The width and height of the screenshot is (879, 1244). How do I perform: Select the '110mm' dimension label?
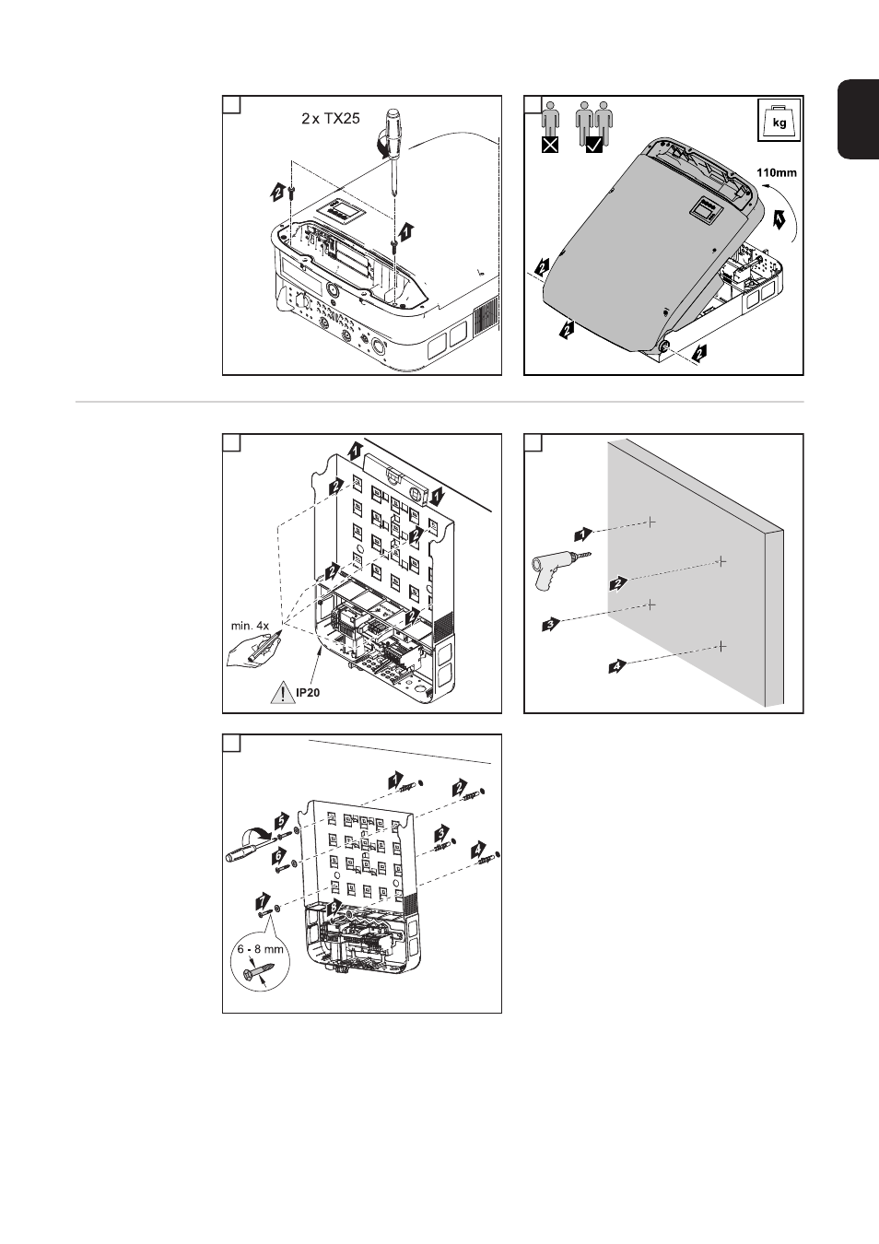[x=776, y=171]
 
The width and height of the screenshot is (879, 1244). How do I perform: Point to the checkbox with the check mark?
[x=594, y=145]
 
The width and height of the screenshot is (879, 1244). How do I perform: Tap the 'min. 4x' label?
[x=250, y=626]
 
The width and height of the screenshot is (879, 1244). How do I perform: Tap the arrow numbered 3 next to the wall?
[x=550, y=625]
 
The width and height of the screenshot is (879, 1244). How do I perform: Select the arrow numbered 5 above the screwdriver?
[x=281, y=817]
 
